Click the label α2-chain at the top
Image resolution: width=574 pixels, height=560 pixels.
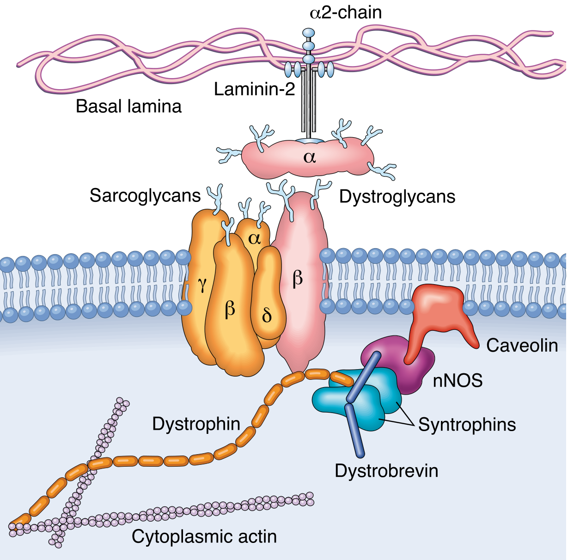pos(346,12)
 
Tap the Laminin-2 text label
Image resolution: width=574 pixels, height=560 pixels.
pos(254,89)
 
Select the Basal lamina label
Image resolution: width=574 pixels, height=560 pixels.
pos(128,106)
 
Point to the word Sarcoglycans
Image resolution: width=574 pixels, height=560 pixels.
pos(145,195)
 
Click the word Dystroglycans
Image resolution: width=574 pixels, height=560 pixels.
pos(397,196)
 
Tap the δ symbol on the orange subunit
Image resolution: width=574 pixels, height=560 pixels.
pos(267,316)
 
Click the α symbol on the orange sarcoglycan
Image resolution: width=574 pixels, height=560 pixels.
pos(254,238)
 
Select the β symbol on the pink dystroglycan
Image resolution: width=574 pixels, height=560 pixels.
pos(298,278)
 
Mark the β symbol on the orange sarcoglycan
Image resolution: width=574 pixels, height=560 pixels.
pos(230,309)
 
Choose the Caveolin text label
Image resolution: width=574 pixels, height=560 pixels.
pos(522,345)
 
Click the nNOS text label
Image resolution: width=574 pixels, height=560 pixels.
pos(458,381)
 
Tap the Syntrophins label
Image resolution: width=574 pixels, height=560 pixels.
pos(467,425)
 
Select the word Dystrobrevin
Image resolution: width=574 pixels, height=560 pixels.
pos(386,471)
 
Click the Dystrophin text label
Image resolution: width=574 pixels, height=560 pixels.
pos(196,424)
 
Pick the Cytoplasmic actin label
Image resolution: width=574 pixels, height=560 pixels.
pos(204,536)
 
